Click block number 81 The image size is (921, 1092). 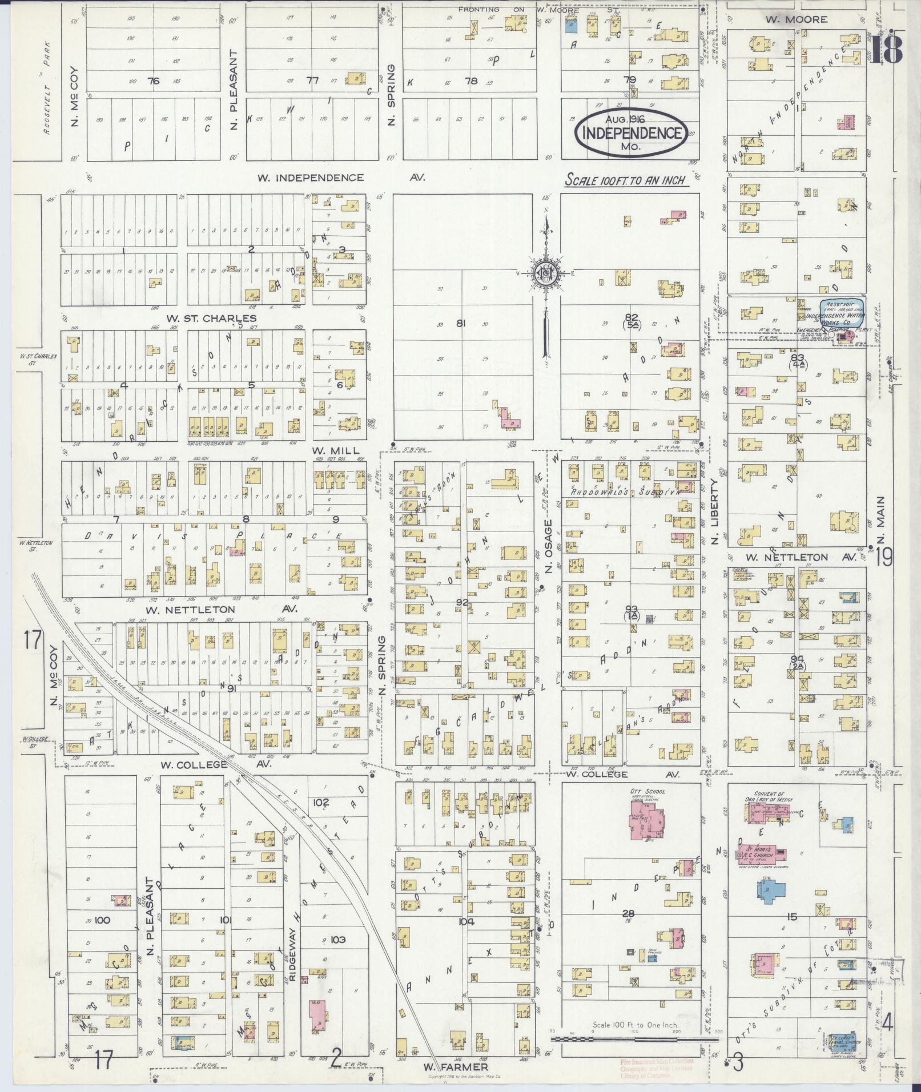point(461,324)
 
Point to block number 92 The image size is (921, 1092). point(462,602)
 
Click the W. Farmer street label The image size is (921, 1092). point(455,1066)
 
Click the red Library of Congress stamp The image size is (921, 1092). point(657,1068)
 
